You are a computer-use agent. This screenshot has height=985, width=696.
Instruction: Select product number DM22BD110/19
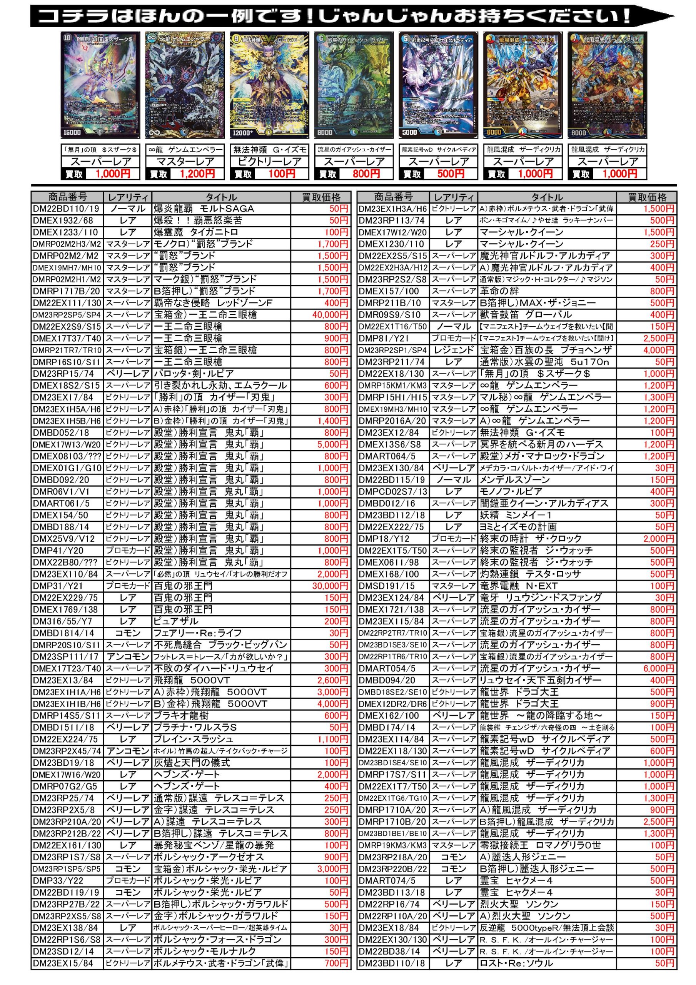(x=66, y=209)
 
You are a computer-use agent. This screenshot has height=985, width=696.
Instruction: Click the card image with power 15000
(x=100, y=85)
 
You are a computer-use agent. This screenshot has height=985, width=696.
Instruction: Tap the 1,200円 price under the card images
(x=197, y=174)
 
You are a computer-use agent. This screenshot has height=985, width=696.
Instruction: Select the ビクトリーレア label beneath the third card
(x=269, y=162)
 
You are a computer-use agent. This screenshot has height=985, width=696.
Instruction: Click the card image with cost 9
(x=269, y=85)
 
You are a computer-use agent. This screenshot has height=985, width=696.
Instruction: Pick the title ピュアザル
(x=176, y=621)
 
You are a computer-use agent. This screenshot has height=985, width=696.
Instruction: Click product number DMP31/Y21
(x=58, y=586)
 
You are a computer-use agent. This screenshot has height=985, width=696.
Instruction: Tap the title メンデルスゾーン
(x=514, y=480)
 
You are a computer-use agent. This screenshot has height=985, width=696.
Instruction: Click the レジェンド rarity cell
(x=454, y=350)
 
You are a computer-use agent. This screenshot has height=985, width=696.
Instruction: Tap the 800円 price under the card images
(x=366, y=174)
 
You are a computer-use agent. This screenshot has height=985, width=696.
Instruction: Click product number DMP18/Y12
(x=384, y=539)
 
